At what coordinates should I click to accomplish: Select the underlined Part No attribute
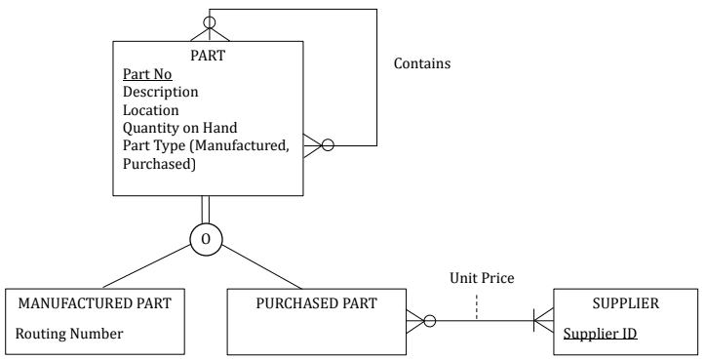pyautogui.click(x=145, y=74)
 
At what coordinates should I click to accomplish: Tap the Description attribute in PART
pyautogui.click(x=160, y=92)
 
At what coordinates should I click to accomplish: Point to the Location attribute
pyautogui.click(x=150, y=110)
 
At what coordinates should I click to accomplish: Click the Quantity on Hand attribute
pyautogui.click(x=180, y=128)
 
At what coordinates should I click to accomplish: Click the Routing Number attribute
pyautogui.click(x=69, y=334)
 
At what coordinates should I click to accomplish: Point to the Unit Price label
pyautogui.click(x=481, y=279)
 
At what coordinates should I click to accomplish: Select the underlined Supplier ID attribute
pyautogui.click(x=602, y=334)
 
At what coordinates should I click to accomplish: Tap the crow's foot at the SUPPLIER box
pyautogui.click(x=542, y=319)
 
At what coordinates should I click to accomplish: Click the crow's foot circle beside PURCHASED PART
pyautogui.click(x=428, y=319)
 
